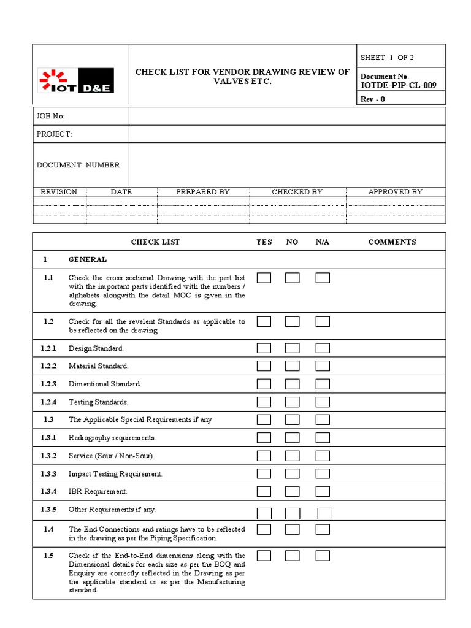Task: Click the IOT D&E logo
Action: click(76, 81)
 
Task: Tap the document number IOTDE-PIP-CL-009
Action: click(399, 85)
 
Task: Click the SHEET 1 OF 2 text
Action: click(387, 58)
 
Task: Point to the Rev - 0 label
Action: click(373, 99)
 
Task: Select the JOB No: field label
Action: click(50, 117)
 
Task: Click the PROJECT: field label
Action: click(54, 134)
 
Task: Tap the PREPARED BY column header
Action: click(203, 192)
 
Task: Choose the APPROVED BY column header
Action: click(395, 192)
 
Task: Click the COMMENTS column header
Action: click(392, 242)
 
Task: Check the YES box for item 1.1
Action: click(264, 278)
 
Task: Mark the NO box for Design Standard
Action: click(293, 348)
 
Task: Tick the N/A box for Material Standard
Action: click(323, 366)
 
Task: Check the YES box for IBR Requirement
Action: click(264, 491)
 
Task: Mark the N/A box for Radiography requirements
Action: click(323, 438)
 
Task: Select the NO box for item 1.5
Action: click(293, 556)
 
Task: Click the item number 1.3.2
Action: click(48, 456)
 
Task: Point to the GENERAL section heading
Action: click(87, 259)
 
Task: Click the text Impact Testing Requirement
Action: click(115, 474)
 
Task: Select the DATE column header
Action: click(121, 192)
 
